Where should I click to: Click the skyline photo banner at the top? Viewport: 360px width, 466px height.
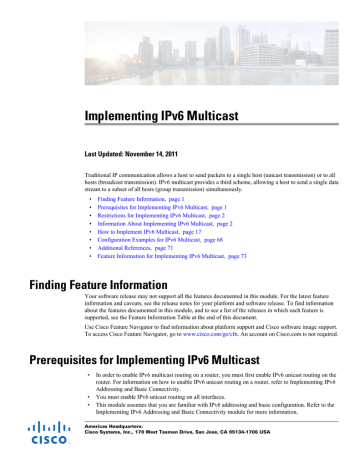click(180, 35)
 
